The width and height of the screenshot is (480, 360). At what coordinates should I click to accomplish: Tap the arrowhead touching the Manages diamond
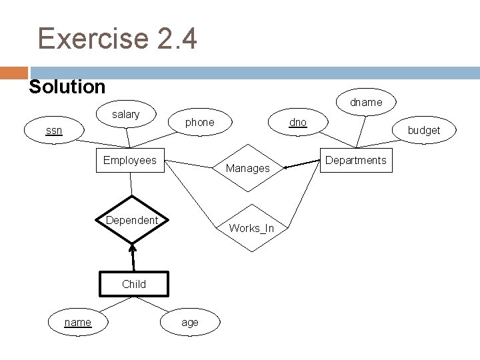(285, 167)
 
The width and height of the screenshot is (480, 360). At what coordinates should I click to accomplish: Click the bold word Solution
(67, 87)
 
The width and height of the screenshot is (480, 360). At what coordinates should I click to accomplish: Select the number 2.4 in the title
(177, 38)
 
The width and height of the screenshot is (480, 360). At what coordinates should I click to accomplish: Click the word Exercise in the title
(93, 38)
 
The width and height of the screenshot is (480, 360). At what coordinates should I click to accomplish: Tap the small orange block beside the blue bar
(14, 73)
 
